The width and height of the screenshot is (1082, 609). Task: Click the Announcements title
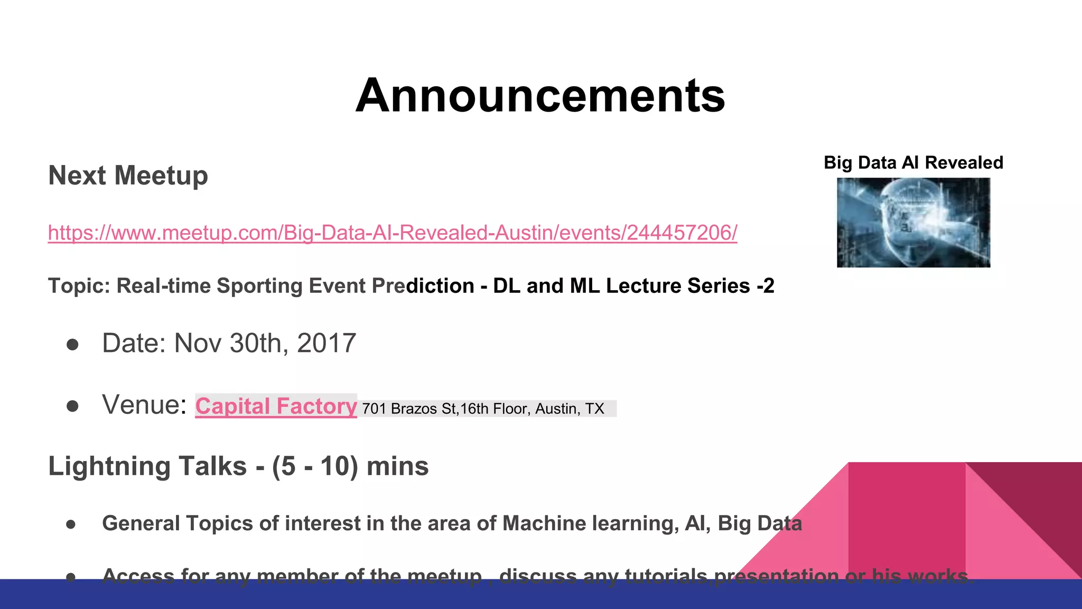[x=540, y=96]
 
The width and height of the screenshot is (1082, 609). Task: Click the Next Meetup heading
[x=128, y=176]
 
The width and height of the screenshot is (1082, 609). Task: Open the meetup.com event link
[x=392, y=233]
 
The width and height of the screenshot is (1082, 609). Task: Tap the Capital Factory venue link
[x=276, y=407]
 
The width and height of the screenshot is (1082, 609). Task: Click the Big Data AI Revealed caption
[x=913, y=163]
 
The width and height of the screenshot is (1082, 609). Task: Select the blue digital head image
[x=913, y=223]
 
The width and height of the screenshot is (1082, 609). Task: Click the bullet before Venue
[x=72, y=406]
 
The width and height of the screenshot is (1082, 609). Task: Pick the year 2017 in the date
[x=327, y=344]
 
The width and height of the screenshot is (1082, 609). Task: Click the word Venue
[x=144, y=405]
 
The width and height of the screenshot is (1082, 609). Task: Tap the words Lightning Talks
[x=147, y=466]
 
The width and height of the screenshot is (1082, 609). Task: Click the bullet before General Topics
[x=71, y=524]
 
